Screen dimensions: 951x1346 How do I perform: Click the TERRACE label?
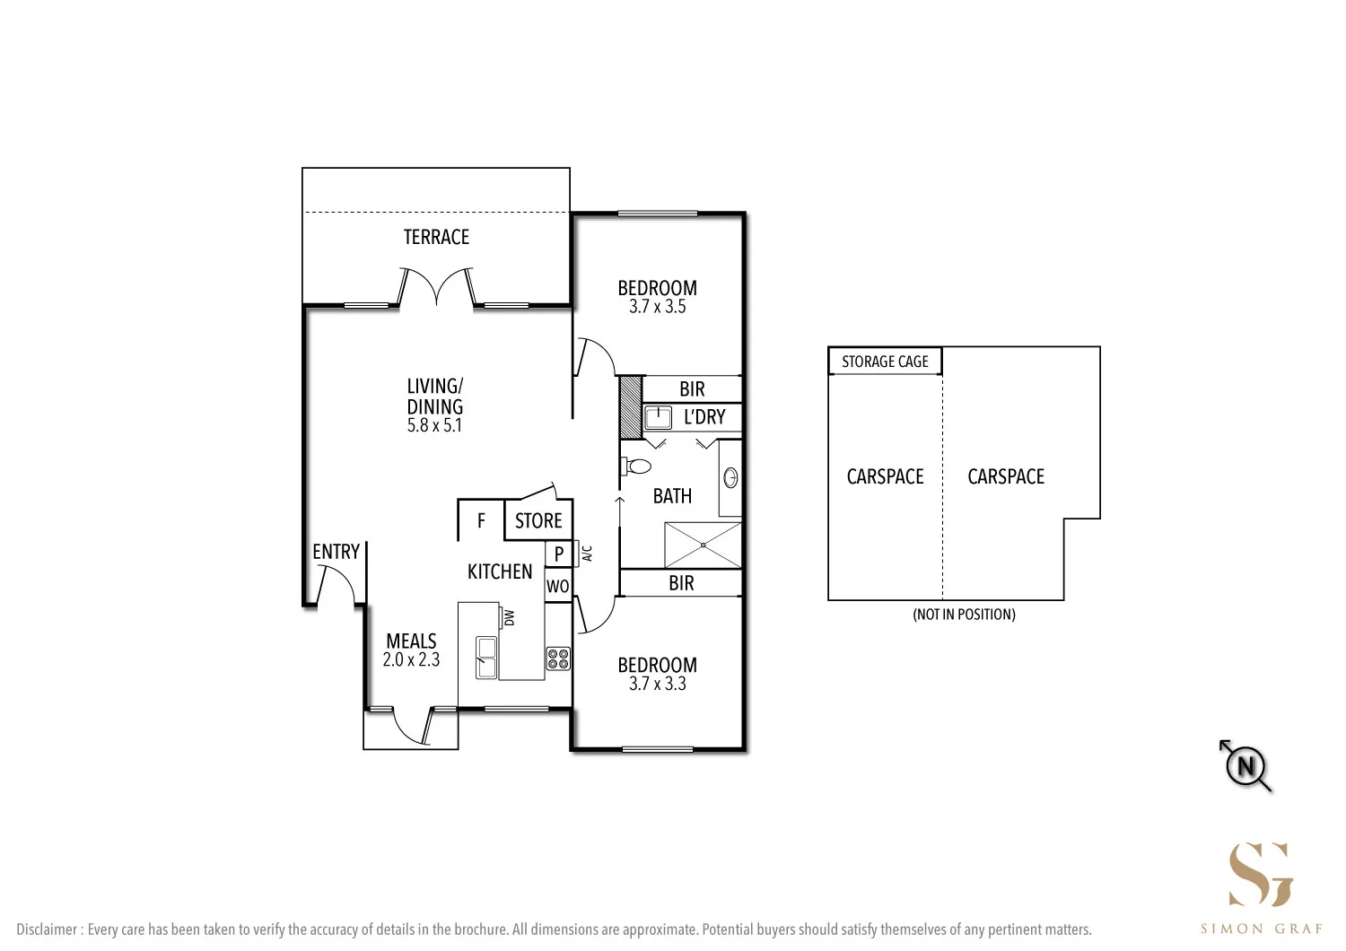(436, 237)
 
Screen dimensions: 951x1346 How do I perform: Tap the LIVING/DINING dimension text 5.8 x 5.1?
(434, 426)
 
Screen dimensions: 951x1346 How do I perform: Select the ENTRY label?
(336, 552)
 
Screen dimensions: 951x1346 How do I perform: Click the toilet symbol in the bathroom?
(637, 466)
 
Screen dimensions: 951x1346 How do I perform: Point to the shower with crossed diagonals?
(703, 545)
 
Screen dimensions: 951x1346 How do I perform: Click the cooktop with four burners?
(558, 659)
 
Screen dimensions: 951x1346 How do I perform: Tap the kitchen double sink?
(486, 658)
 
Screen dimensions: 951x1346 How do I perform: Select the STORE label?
(538, 521)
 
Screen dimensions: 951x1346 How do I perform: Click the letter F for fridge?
(481, 521)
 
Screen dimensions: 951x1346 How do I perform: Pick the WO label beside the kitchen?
(557, 587)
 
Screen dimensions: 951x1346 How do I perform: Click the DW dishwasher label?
(510, 617)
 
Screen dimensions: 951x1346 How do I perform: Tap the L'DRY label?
(704, 417)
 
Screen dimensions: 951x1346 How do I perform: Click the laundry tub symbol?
(659, 417)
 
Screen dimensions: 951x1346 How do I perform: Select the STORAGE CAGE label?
(885, 362)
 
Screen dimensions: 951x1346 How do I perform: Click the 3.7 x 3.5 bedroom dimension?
(657, 307)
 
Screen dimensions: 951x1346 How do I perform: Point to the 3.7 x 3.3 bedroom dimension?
(657, 684)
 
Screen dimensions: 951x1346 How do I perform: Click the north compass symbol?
(1245, 767)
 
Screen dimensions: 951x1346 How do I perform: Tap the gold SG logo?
(1261, 875)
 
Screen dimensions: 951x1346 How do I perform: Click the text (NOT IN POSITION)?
(964, 615)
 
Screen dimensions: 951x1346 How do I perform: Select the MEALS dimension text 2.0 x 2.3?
(411, 660)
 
